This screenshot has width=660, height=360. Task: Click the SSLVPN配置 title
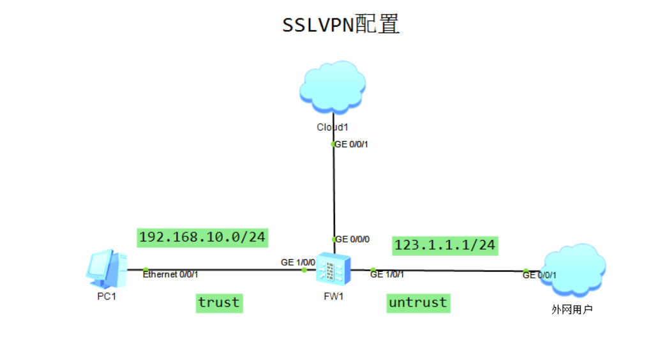pos(341,25)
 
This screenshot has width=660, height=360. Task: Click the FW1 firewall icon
pos(333,270)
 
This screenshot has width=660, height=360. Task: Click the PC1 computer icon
pos(106,269)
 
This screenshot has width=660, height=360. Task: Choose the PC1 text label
pos(106,297)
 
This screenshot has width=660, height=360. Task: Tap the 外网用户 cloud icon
pos(573,269)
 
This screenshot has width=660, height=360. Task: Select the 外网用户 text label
pos(572,310)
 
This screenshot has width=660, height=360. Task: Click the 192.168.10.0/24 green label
pos(202,237)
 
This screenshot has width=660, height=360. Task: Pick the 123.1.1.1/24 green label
pos(445,244)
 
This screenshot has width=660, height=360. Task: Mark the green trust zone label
pos(219,303)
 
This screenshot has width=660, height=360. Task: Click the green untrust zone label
pos(418,303)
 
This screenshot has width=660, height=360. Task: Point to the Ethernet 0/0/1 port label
pos(170,274)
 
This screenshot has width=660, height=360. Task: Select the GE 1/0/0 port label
pos(298,262)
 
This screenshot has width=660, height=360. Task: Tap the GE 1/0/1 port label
pos(387,274)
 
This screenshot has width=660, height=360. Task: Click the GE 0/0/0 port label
pos(352,239)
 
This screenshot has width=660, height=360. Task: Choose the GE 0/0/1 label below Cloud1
pos(352,144)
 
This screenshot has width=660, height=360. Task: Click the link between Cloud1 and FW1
pos(333,191)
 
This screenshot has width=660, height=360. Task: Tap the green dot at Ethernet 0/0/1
pos(146,269)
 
